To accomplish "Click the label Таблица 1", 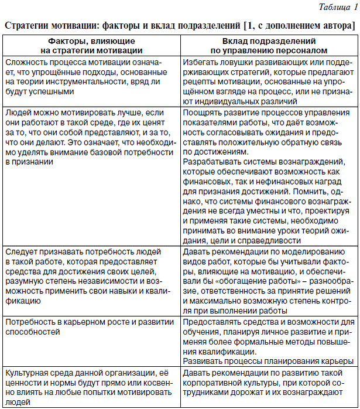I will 334,7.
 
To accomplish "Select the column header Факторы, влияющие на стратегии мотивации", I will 91,46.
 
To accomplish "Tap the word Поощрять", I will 201,112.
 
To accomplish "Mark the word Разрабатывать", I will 211,161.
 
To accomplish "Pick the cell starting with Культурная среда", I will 91,387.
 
